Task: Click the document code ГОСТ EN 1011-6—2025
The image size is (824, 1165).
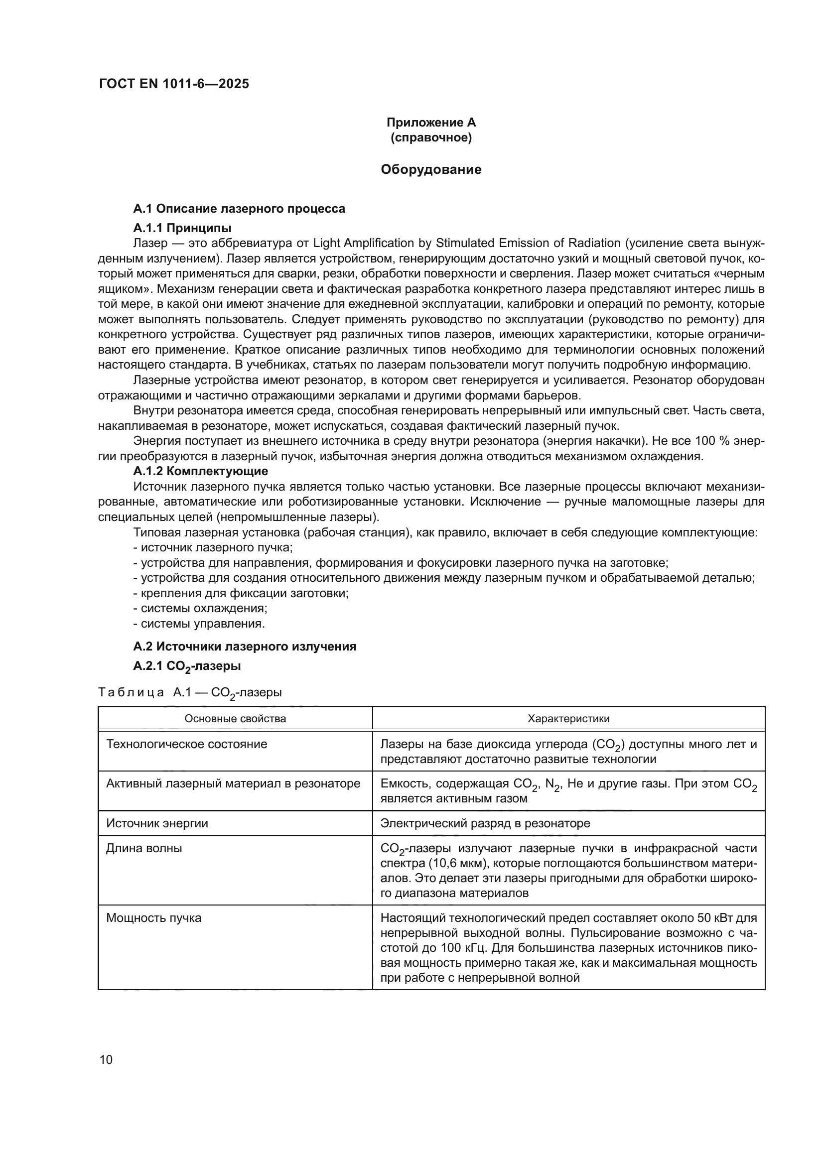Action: pos(174,84)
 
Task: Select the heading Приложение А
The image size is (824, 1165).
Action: pos(431,123)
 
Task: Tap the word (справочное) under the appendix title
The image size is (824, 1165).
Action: pos(431,137)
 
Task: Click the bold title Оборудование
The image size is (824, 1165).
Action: pos(431,169)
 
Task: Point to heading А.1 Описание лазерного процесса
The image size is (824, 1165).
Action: pos(239,209)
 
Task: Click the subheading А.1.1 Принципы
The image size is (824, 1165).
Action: pos(182,228)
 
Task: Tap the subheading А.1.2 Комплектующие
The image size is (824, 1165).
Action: pos(200,471)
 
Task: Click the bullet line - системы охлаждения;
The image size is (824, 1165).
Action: pos(200,608)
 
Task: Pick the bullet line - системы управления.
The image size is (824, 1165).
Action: pos(199,623)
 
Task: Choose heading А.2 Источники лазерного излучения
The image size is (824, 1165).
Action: pos(245,647)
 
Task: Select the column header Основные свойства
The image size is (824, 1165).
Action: pos(235,719)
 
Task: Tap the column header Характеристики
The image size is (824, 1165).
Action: pos(568,719)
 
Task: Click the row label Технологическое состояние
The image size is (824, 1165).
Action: pos(186,744)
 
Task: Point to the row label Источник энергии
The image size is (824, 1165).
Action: pos(157,823)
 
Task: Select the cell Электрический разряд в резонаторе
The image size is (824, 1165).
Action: pos(485,823)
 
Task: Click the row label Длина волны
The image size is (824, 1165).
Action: pos(143,848)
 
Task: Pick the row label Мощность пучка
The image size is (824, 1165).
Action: pos(153,918)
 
